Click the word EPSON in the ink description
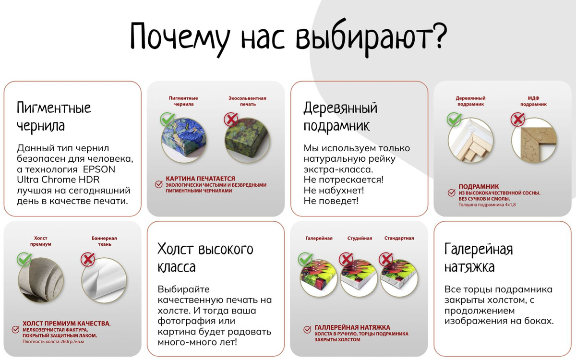point(99,169)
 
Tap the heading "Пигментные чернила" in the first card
point(54,117)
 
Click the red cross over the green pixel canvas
point(231,120)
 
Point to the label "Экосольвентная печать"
point(247,101)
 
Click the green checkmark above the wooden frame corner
point(454,120)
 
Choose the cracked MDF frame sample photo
point(534,140)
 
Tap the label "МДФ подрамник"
point(533,101)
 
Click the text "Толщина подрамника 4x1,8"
point(487,204)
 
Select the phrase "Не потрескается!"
point(344,180)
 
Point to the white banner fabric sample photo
point(104,280)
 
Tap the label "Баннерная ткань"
point(104,241)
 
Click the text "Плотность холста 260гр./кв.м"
point(53,342)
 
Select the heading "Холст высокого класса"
point(205,257)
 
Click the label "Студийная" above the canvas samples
point(360,238)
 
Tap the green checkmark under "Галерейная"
point(305,259)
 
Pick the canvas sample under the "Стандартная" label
point(399,278)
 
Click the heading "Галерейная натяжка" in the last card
point(479,257)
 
